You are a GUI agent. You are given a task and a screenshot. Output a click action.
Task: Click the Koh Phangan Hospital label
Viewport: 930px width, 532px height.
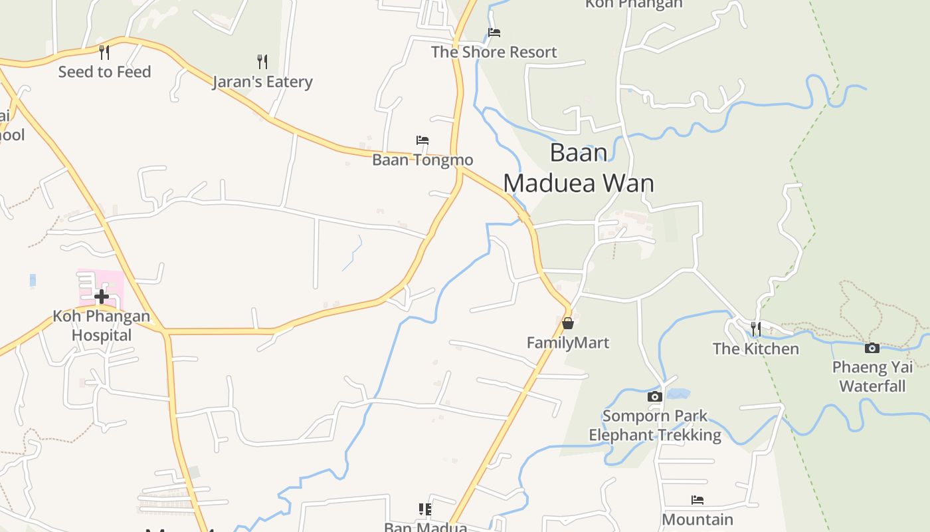(102, 325)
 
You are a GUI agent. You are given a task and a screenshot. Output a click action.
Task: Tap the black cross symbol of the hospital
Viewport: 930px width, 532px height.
(101, 296)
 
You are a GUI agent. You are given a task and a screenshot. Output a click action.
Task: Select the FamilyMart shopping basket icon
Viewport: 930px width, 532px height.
(568, 323)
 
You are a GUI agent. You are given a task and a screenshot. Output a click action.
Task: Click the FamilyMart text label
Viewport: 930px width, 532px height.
(568, 342)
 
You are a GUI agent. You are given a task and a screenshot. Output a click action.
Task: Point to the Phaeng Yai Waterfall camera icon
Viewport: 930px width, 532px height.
(872, 348)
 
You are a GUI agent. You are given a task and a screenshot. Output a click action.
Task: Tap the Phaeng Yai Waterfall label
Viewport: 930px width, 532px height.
(872, 376)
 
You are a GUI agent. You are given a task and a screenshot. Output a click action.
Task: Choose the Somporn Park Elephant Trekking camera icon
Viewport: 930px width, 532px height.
(654, 397)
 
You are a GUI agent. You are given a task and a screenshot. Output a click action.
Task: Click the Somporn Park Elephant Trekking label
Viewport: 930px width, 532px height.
(655, 426)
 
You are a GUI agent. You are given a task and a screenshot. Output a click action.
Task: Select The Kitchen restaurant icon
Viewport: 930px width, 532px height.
(756, 329)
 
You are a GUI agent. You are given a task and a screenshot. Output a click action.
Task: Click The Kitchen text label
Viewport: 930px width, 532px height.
(756, 348)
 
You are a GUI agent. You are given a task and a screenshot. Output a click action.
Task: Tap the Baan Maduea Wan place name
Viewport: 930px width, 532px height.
(579, 168)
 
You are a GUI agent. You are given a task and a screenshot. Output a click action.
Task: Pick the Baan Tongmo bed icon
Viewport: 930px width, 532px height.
(422, 140)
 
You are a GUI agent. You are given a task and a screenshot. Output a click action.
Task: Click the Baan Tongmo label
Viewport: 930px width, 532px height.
(422, 160)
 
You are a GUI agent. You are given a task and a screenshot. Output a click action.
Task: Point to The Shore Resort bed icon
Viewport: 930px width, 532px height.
(494, 33)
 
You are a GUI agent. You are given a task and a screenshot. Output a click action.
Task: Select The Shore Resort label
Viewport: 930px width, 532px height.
(494, 52)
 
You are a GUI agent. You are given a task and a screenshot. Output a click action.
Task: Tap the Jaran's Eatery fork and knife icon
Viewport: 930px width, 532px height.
(262, 62)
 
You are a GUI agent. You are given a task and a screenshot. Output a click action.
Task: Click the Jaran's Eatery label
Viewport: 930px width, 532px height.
(262, 82)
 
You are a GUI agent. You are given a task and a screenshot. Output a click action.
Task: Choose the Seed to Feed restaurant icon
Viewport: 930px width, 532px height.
(104, 52)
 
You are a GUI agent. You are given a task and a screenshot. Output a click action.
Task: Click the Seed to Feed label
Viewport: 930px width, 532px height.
(104, 72)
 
